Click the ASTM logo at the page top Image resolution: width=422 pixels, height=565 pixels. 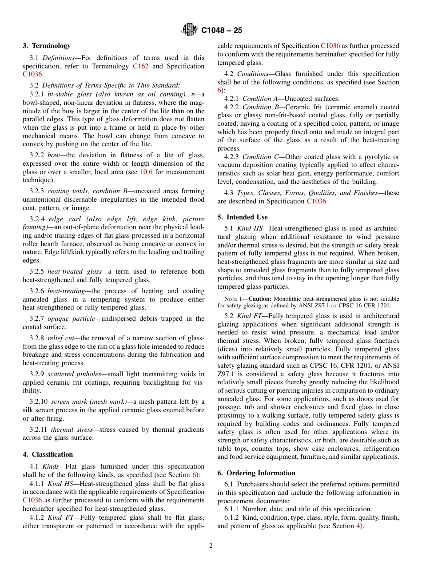coord(190,30)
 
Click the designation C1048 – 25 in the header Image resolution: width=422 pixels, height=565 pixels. coord(222,30)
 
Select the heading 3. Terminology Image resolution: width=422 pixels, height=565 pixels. coord(47,46)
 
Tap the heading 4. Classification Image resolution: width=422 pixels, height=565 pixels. coord(48,454)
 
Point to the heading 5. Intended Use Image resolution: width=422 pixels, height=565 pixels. coord(243,217)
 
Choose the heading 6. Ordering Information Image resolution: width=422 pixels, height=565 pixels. coord(256,473)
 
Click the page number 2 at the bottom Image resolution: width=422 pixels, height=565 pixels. coord(211,546)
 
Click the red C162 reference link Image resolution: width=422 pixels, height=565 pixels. coord(140,66)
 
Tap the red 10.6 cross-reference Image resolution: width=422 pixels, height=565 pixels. coord(147,171)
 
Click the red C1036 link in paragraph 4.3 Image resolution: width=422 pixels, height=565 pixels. coord(316,201)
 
